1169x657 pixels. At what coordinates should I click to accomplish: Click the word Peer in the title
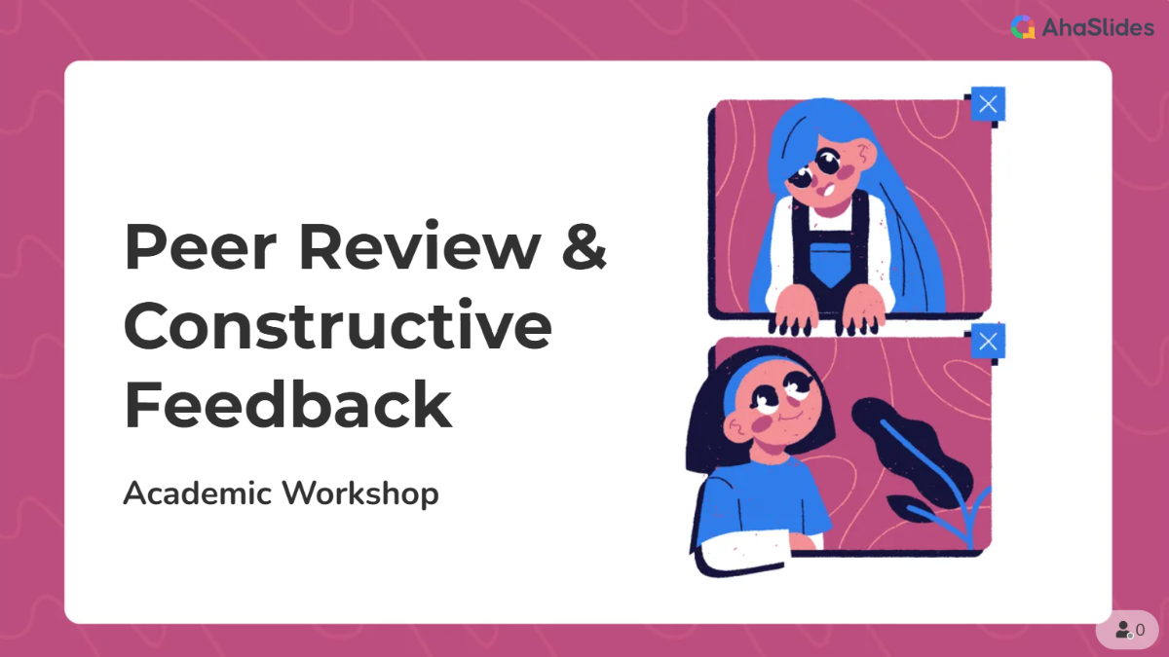click(x=200, y=246)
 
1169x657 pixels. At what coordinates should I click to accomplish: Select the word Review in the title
click(x=420, y=246)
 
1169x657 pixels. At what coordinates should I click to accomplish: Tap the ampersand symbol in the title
click(x=584, y=246)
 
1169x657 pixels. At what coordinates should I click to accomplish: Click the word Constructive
click(x=338, y=324)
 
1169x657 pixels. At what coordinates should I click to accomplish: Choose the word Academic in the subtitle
click(x=197, y=493)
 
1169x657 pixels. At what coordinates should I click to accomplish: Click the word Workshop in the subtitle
click(x=360, y=493)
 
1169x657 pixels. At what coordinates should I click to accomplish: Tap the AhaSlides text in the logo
click(x=1098, y=27)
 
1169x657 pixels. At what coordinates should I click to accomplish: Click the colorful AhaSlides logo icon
click(x=1023, y=27)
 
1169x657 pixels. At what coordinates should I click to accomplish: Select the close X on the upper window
click(x=988, y=104)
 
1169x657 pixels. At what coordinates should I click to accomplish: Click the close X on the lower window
click(x=988, y=342)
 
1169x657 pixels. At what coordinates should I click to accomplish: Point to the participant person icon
click(x=1123, y=630)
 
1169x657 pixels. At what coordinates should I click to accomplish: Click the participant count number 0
click(x=1141, y=630)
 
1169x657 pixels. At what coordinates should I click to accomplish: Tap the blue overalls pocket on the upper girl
click(x=830, y=266)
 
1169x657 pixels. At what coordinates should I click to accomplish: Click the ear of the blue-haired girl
click(x=865, y=155)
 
